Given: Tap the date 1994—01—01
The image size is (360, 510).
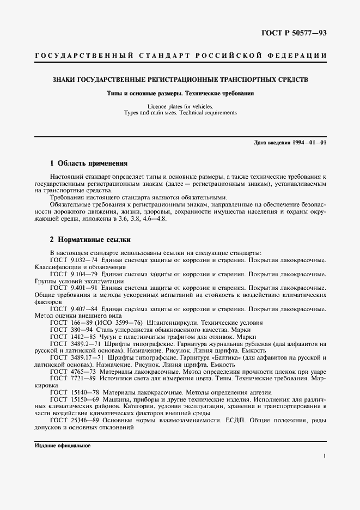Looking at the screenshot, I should (x=307, y=142).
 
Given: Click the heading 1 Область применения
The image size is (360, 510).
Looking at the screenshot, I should (x=88, y=163).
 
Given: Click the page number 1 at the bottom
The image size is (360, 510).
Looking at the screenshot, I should (x=324, y=457).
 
